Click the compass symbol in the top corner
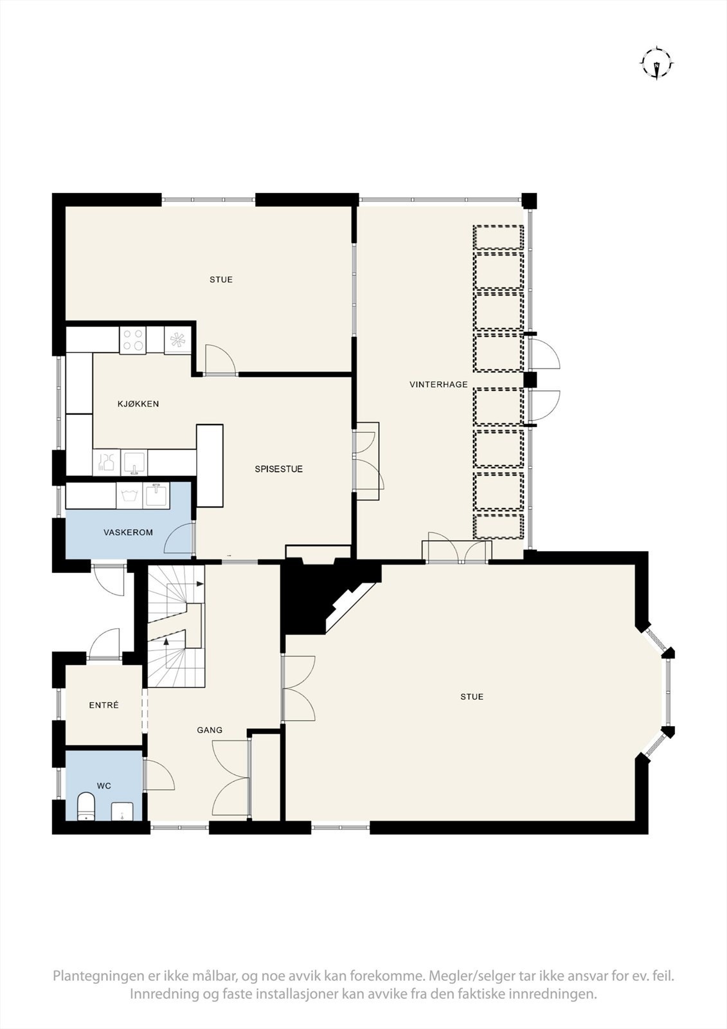pyautogui.click(x=657, y=64)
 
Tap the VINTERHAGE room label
pyautogui.click(x=438, y=385)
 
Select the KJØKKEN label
pyautogui.click(x=138, y=404)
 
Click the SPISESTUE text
pyautogui.click(x=279, y=469)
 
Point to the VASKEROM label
pyautogui.click(x=128, y=533)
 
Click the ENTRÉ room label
pyautogui.click(x=103, y=705)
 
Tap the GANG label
pyautogui.click(x=210, y=729)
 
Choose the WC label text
pyautogui.click(x=104, y=785)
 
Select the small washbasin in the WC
pyautogui.click(x=122, y=811)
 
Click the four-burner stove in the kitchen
pyautogui.click(x=133, y=340)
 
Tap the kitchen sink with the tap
pyautogui.click(x=134, y=462)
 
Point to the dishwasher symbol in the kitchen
pyautogui.click(x=106, y=462)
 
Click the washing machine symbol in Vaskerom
pyautogui.click(x=129, y=495)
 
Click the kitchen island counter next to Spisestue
pyautogui.click(x=210, y=466)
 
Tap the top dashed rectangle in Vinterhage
pyautogui.click(x=498, y=237)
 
